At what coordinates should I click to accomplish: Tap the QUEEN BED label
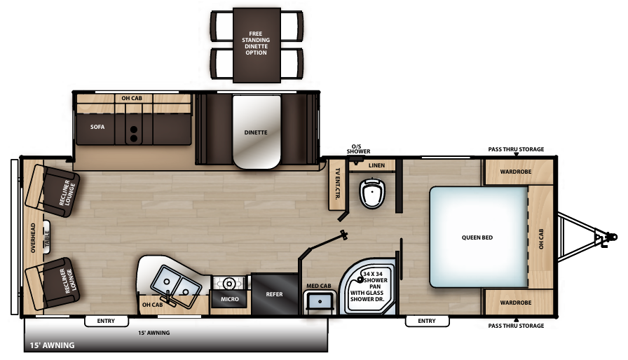click(477, 237)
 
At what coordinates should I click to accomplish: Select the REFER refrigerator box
click(275, 294)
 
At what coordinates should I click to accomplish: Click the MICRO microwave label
click(229, 299)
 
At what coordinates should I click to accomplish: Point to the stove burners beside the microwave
click(230, 283)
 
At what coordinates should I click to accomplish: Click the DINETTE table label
click(256, 132)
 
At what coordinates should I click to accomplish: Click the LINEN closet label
click(376, 165)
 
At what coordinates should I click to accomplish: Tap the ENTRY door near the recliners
click(106, 321)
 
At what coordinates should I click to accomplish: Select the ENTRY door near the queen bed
click(426, 321)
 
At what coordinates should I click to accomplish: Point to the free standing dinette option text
click(257, 43)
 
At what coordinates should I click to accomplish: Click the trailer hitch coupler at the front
click(603, 238)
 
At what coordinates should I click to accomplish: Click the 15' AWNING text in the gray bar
click(53, 345)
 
